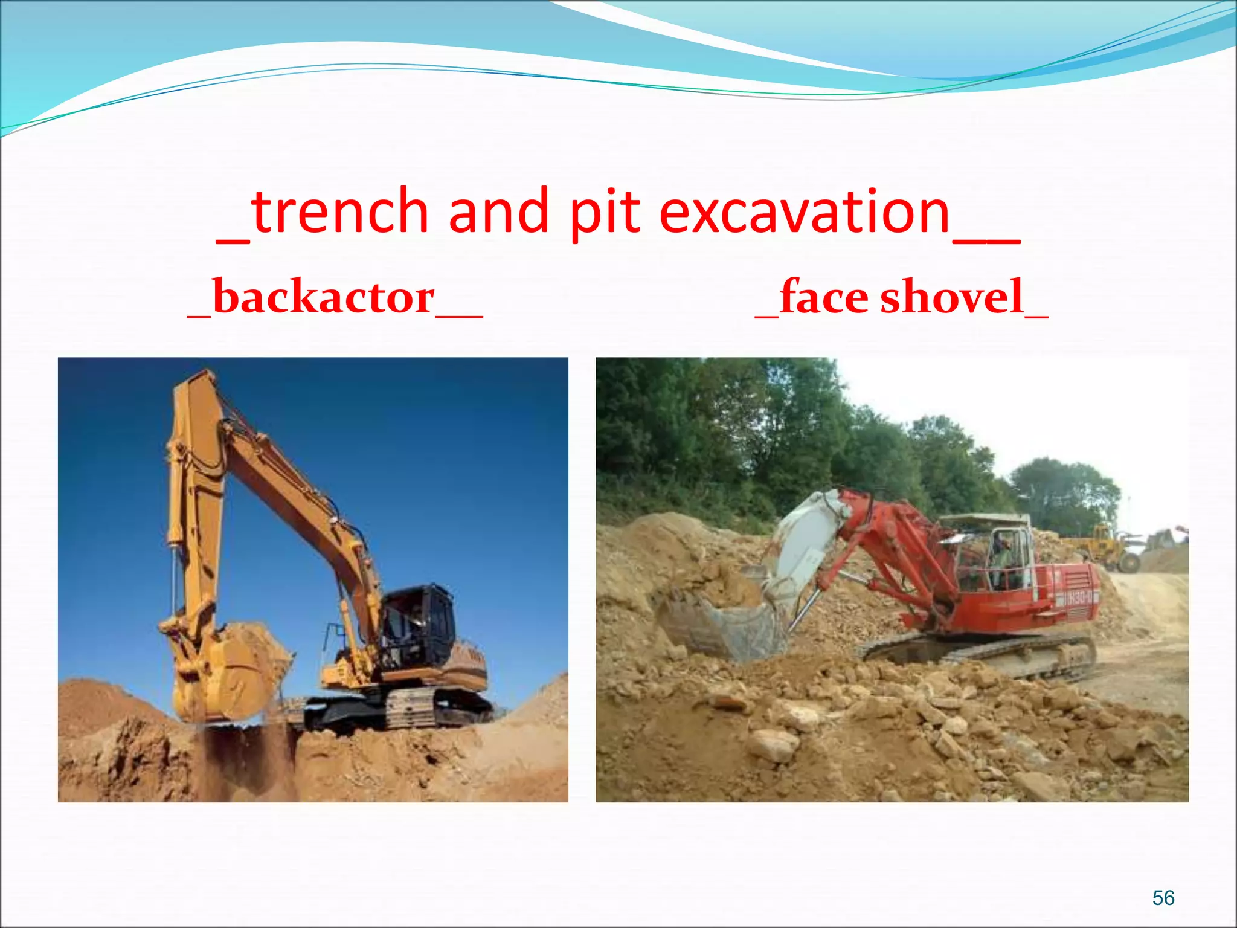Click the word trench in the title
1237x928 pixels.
[x=339, y=211]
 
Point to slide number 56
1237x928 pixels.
[x=1163, y=898]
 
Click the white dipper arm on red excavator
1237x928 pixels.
[x=803, y=544]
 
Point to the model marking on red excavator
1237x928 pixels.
[x=1078, y=599]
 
